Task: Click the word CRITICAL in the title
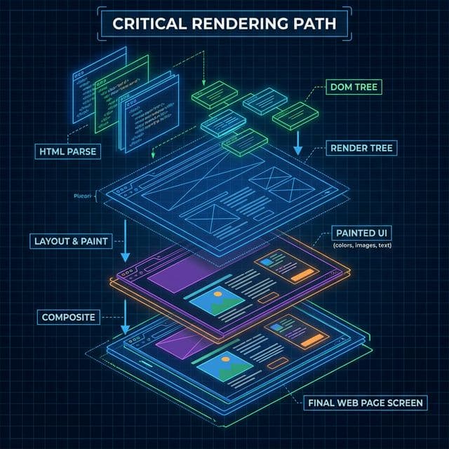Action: tap(144, 24)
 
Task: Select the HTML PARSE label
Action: tap(68, 149)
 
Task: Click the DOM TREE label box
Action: tap(354, 88)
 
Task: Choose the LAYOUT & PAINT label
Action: tap(70, 241)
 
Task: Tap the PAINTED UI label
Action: tap(360, 232)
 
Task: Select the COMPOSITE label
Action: tap(68, 317)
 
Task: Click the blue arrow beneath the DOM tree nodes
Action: tap(297, 141)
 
